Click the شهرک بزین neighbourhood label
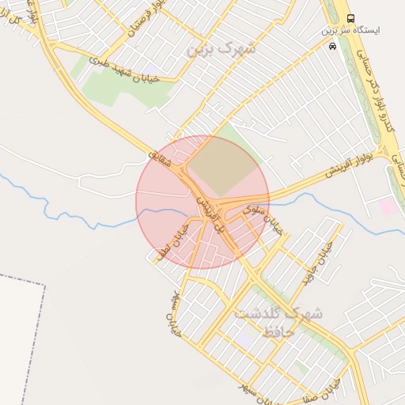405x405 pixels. pos(222,50)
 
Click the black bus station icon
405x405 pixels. pos(351,18)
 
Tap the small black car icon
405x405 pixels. pos(331,46)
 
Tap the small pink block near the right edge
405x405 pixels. pos(388,206)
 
